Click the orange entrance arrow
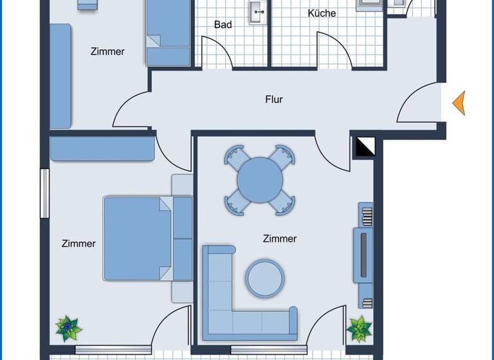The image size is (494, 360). click(459, 103)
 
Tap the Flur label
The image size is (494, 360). click(274, 100)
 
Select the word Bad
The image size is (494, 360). click(223, 25)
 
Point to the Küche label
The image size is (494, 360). click(322, 13)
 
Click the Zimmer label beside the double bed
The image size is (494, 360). click(78, 244)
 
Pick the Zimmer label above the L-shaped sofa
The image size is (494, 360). click(280, 239)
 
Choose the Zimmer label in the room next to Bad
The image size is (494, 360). click(107, 51)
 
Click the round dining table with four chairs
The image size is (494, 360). click(259, 181)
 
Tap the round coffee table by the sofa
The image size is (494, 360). click(264, 277)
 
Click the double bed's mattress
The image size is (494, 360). click(137, 239)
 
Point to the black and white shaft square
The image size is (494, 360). click(364, 147)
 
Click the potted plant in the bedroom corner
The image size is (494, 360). click(68, 328)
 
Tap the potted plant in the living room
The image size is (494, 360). click(359, 328)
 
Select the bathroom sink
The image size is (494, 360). click(258, 10)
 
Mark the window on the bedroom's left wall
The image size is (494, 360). click(44, 194)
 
